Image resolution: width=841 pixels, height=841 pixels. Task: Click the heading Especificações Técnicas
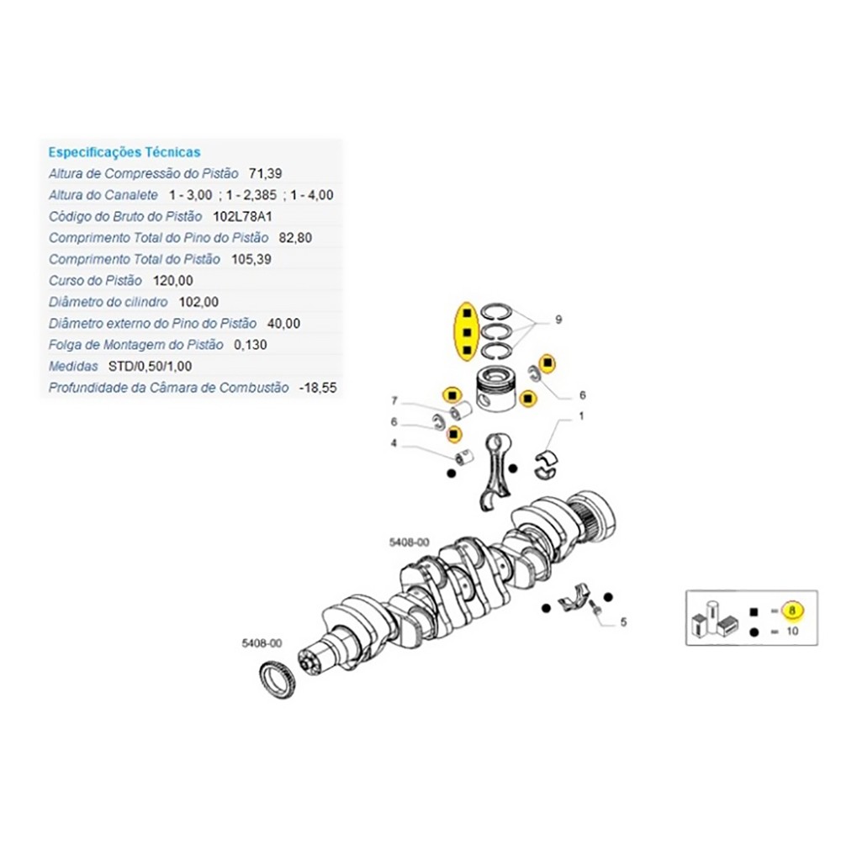point(124,152)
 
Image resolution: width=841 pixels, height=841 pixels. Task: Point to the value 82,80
point(295,238)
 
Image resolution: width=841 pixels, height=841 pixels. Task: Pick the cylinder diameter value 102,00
point(198,302)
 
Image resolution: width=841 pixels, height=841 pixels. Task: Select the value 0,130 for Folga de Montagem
point(249,345)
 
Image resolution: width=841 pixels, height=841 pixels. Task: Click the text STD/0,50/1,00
point(139,367)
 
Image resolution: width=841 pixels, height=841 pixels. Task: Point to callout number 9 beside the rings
point(558,320)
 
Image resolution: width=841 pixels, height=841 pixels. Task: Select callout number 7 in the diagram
point(394,400)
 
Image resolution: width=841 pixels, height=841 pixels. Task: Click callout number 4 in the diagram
point(394,443)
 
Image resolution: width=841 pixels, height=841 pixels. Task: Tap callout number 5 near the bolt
point(623,623)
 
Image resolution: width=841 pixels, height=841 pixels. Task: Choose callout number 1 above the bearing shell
point(580,415)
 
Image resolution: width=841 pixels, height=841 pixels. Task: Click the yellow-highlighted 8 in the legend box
point(791,611)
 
